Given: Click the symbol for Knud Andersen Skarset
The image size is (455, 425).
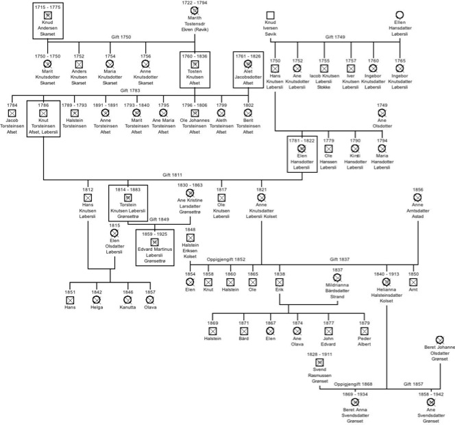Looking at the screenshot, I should point(47,14).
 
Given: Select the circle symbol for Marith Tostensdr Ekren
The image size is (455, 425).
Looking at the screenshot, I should point(195,11).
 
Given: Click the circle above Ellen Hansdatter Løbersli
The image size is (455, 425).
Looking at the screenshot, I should point(399,15).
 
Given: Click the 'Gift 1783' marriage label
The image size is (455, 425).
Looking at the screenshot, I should point(130,90).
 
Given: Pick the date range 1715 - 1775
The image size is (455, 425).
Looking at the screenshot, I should point(47,5).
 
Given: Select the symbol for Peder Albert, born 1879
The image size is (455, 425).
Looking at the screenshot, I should point(364,331).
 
